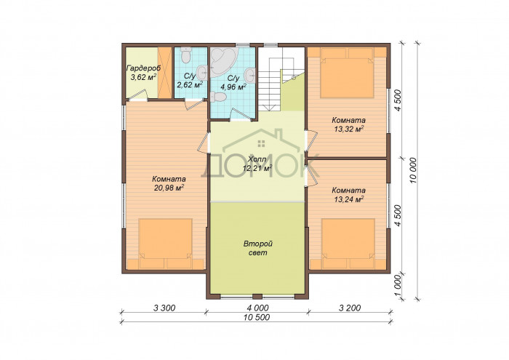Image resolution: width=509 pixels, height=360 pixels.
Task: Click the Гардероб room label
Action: pyautogui.click(x=143, y=68)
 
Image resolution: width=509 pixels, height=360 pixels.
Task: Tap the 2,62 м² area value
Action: pyautogui.click(x=190, y=84)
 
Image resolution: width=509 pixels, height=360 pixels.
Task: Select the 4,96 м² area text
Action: pyautogui.click(x=233, y=87)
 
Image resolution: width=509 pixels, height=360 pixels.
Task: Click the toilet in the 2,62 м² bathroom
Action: pyautogui.click(x=185, y=55)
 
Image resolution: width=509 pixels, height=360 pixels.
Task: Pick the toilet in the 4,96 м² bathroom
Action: pyautogui.click(x=218, y=97)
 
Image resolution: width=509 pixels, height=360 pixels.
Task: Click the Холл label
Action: pyautogui.click(x=257, y=159)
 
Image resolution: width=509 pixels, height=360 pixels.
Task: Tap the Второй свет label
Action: pyautogui.click(x=258, y=248)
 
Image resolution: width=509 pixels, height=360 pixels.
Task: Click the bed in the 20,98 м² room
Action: pyautogui.click(x=166, y=244)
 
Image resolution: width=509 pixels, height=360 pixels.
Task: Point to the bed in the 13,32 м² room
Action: pyautogui.click(x=347, y=73)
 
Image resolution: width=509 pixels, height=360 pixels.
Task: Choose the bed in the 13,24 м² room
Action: pyautogui.click(x=348, y=244)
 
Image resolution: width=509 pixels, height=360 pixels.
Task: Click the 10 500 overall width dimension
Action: pyautogui.click(x=257, y=318)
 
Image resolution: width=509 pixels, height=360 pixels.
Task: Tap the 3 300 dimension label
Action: pyautogui.click(x=164, y=308)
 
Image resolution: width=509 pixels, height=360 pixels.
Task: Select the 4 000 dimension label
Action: pyautogui.click(x=257, y=308)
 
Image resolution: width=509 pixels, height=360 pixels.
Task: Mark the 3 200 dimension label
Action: pyautogui.click(x=350, y=308)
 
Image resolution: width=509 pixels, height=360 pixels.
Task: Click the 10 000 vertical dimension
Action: pyautogui.click(x=413, y=170)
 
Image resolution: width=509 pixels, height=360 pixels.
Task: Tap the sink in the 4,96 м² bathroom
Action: pyautogui.click(x=250, y=76)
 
